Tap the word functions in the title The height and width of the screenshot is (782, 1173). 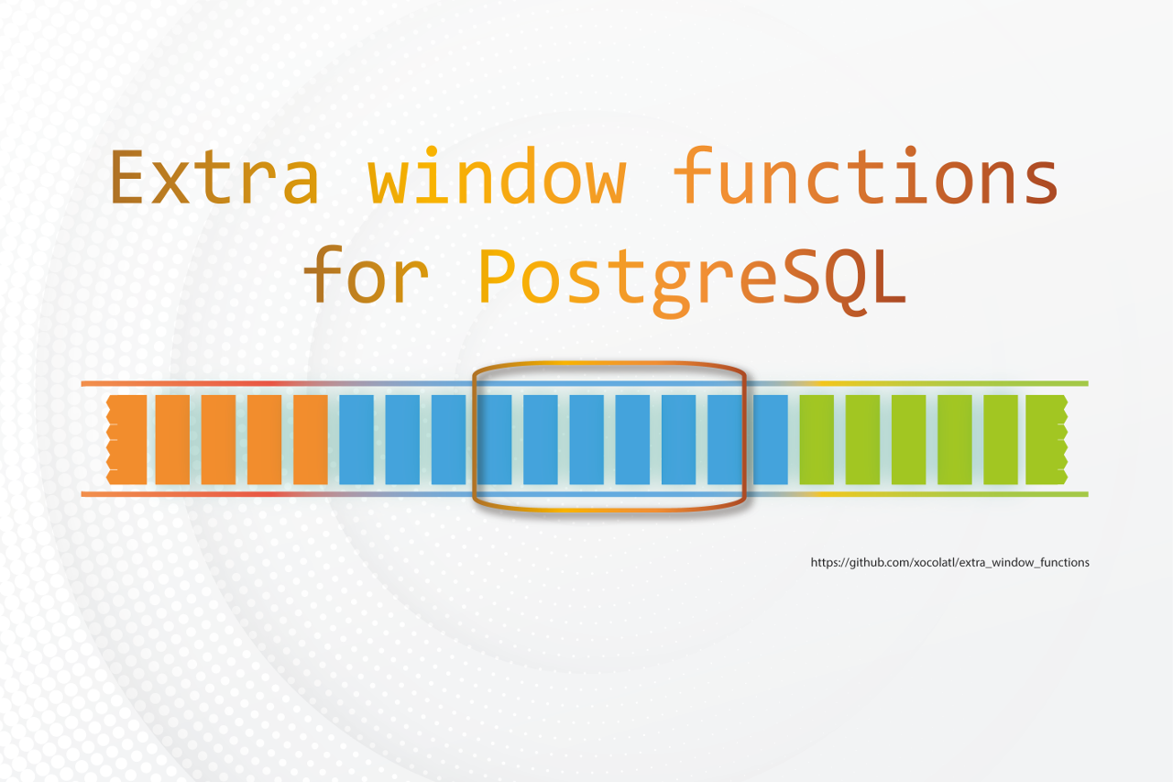866,177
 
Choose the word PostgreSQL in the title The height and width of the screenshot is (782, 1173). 693,278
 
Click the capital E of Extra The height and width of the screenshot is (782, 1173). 129,177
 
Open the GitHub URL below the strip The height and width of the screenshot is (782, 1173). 949,562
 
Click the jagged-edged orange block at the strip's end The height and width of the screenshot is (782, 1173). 126,439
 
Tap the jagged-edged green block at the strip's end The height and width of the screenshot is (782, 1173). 1046,439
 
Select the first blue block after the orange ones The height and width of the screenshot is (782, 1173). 356,439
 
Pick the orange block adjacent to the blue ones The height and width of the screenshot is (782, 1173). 311,439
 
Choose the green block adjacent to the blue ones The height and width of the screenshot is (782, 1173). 817,439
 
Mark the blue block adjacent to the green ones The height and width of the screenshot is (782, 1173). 771,439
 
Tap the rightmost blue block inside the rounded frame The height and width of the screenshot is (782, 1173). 724,439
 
